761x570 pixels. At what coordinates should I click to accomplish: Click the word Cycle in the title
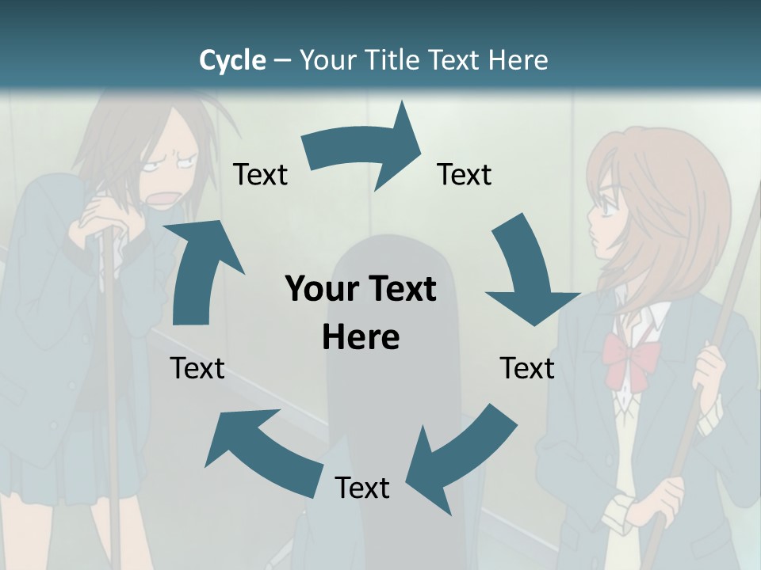click(x=232, y=60)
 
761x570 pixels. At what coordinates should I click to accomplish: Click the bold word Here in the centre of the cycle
click(x=361, y=337)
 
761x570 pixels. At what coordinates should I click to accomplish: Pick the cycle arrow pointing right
click(x=365, y=150)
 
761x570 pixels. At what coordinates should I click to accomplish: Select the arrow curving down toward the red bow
click(x=527, y=273)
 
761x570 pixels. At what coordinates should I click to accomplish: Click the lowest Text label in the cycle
click(x=362, y=488)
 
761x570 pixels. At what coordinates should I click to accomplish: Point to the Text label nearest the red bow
click(x=527, y=368)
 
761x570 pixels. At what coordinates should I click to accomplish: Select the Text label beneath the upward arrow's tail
click(x=197, y=368)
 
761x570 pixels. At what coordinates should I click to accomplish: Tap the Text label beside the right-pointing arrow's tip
click(x=465, y=174)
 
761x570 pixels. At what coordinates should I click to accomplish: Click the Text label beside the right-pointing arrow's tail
click(x=260, y=174)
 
